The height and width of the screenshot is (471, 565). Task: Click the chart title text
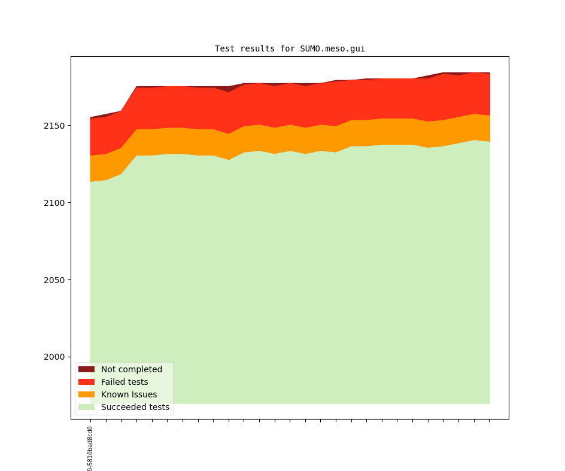click(290, 48)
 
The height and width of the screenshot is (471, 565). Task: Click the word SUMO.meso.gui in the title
click(332, 48)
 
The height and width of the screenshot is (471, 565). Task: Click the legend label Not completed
click(132, 369)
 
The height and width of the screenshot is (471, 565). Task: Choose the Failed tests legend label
click(124, 382)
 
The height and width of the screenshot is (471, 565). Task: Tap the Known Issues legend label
click(129, 394)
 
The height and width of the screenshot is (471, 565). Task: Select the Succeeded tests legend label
click(135, 407)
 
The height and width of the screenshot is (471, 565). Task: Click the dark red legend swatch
click(86, 369)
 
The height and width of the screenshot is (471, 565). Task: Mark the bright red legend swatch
click(86, 382)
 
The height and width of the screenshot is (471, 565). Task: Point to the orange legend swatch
click(86, 394)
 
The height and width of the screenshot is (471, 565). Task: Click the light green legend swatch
click(86, 407)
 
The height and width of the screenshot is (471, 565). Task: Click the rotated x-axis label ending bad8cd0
click(90, 449)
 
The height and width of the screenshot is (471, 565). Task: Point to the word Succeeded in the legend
click(122, 407)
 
